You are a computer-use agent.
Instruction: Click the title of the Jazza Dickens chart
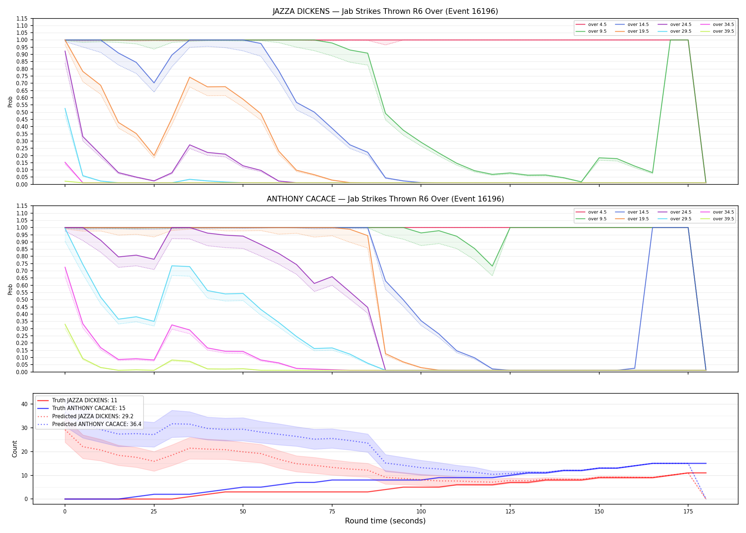(385, 11)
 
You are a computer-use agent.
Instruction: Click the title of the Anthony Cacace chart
(385, 199)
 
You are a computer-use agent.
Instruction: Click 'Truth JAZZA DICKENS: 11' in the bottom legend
(77, 400)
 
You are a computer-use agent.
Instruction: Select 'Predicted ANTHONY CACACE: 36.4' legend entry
(89, 424)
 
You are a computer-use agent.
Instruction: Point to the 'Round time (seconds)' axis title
(385, 521)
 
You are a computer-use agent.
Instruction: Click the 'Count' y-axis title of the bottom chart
(15, 449)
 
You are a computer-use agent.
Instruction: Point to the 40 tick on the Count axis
(25, 404)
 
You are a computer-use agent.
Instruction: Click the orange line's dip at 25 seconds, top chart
(154, 156)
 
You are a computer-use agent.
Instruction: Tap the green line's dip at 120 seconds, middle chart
(492, 266)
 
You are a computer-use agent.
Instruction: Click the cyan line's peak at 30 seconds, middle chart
(172, 266)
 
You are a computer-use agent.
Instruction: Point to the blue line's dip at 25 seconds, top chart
(154, 83)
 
